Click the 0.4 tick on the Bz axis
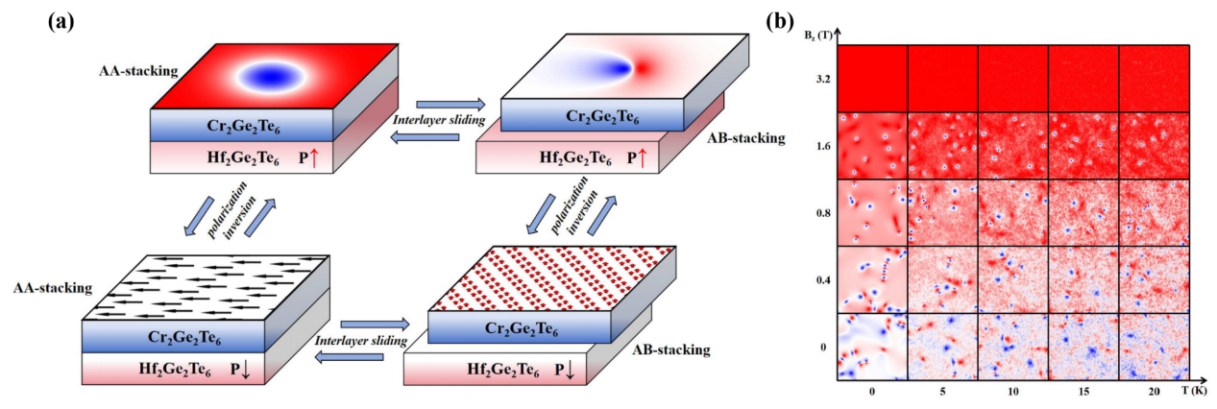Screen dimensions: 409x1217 pos(823,279)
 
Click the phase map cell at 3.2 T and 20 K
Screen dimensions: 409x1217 pos(1153,78)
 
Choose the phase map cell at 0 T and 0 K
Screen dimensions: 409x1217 pos(872,345)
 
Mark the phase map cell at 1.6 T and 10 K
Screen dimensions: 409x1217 pos(1012,145)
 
